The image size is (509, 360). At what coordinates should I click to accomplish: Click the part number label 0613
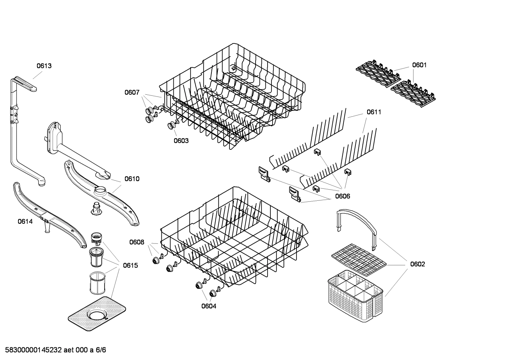click(x=44, y=66)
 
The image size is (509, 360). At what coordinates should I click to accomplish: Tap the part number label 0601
click(x=419, y=65)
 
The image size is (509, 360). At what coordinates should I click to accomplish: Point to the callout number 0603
click(x=181, y=141)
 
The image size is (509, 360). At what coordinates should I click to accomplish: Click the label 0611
click(x=374, y=112)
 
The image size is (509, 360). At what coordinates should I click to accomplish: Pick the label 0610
click(x=132, y=179)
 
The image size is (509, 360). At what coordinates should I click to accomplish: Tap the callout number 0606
click(x=342, y=196)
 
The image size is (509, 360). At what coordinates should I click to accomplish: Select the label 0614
click(x=25, y=222)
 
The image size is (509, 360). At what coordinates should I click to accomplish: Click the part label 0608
click(x=137, y=242)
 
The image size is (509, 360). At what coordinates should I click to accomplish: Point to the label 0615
click(x=130, y=265)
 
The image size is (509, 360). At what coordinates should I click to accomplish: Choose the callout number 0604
click(x=209, y=306)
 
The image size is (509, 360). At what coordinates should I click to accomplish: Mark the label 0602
click(x=418, y=264)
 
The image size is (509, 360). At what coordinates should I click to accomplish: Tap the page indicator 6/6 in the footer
click(x=101, y=350)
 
